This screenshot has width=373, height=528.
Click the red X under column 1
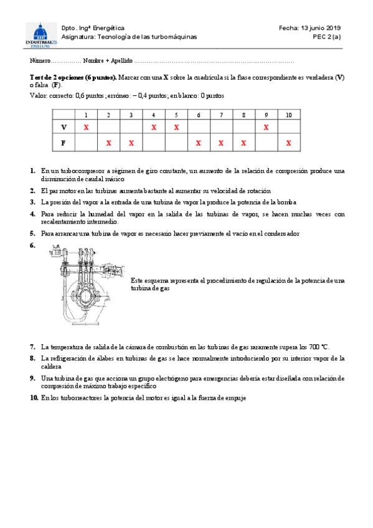87,127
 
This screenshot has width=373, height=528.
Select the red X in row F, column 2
108,143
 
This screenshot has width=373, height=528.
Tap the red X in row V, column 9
266,127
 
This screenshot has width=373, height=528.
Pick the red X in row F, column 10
288,143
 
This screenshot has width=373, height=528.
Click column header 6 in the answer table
198,115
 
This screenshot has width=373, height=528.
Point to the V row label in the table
64,127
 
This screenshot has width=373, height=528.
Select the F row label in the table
64,143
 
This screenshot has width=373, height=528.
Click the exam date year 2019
333,28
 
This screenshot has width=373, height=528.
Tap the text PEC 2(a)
327,37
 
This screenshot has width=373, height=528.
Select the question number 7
32,347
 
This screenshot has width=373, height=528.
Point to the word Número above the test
39,61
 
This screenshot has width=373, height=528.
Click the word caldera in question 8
51,367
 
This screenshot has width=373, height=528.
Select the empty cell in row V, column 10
288,127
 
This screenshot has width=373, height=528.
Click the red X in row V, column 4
153,127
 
